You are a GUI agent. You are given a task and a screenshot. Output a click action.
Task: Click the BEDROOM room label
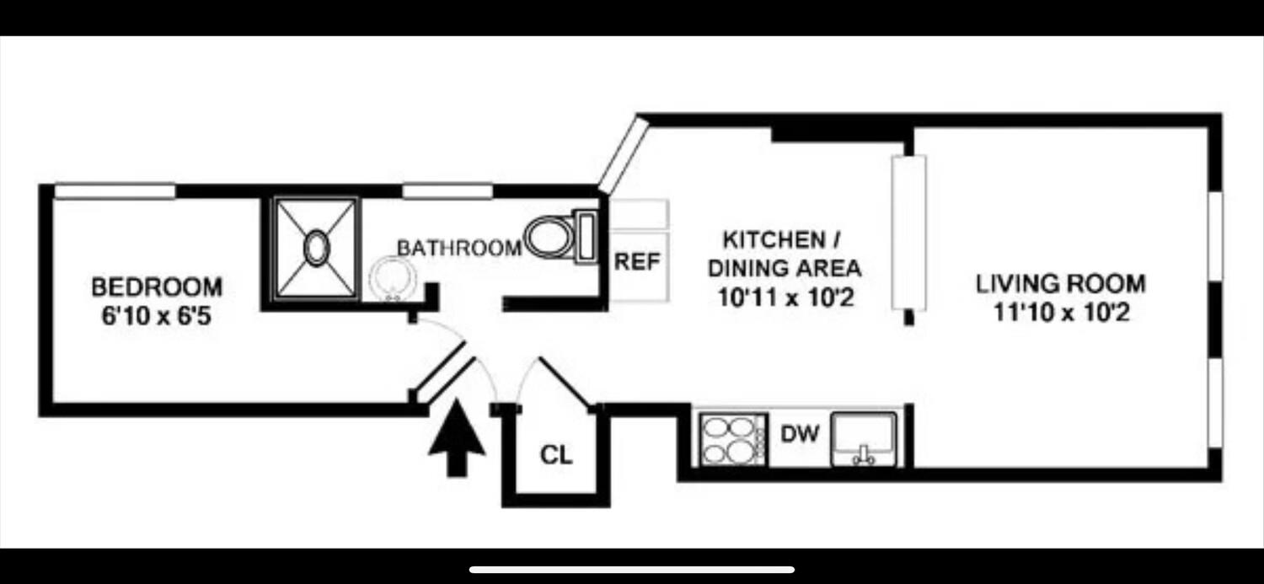pyautogui.click(x=157, y=287)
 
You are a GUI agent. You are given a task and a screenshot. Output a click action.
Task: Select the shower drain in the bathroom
pyautogui.click(x=316, y=249)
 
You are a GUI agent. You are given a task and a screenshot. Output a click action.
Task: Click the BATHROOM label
pyautogui.click(x=458, y=249)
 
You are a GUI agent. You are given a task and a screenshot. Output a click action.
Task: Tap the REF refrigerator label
pyautogui.click(x=637, y=261)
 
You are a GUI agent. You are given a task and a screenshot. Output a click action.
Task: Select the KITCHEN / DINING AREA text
pyautogui.click(x=784, y=254)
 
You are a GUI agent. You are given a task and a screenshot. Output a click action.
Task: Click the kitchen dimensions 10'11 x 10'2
pyautogui.click(x=784, y=297)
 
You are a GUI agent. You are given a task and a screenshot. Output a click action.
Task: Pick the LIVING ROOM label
pyautogui.click(x=1060, y=283)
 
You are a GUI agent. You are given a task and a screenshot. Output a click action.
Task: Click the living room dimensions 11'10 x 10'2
pyautogui.click(x=1060, y=313)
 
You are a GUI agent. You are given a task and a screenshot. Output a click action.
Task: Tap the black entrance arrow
pyautogui.click(x=457, y=438)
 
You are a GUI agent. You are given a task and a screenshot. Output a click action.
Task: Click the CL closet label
pyautogui.click(x=555, y=456)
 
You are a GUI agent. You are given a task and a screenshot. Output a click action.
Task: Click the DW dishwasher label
pyautogui.click(x=799, y=435)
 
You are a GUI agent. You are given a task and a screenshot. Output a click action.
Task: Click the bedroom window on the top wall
pyautogui.click(x=115, y=191)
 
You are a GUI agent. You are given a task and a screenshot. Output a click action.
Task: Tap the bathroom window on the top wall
pyautogui.click(x=447, y=191)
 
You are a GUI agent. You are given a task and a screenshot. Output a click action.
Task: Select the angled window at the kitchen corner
pyautogui.click(x=622, y=154)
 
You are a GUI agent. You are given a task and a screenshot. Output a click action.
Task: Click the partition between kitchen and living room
pyautogui.click(x=908, y=233)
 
